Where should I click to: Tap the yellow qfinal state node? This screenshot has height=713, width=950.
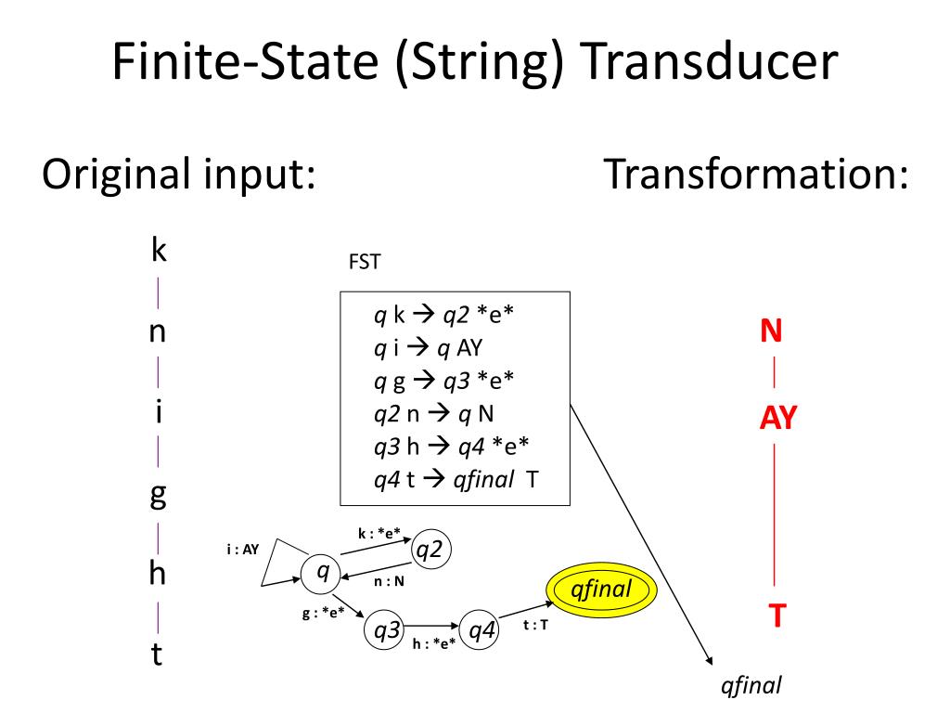coord(602,589)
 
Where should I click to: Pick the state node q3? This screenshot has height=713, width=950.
coord(384,631)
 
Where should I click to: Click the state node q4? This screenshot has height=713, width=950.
coord(480,631)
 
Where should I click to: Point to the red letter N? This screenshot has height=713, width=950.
coord(771,331)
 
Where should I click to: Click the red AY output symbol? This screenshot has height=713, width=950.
coord(778,419)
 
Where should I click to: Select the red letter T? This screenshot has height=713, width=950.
coord(778,615)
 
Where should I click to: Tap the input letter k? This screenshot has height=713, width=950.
coord(158,250)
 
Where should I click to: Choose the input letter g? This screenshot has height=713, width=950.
coord(158,494)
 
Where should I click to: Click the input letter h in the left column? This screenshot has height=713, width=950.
coord(158,574)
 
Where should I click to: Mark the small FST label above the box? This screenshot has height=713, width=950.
coord(364,263)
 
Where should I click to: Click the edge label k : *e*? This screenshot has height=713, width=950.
coord(379,533)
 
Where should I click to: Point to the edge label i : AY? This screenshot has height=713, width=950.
coord(242,549)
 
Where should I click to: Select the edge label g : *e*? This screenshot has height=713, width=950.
coord(324,612)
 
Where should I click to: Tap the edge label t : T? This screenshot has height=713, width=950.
coord(536,625)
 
